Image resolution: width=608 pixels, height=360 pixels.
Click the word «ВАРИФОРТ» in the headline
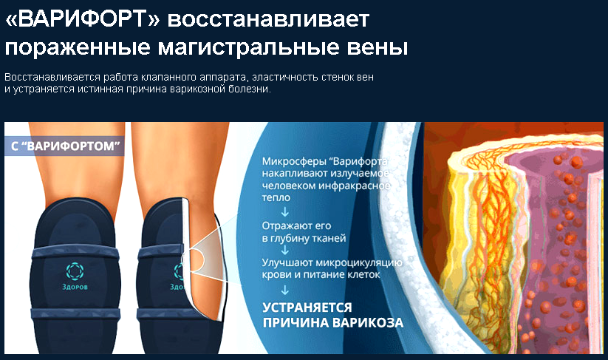pyautogui.click(x=82, y=19)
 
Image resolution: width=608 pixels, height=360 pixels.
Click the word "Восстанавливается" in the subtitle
pyautogui.click(x=52, y=77)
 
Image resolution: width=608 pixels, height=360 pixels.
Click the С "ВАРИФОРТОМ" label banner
pyautogui.click(x=64, y=146)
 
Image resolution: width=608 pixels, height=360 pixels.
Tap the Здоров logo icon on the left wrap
pyautogui.click(x=75, y=271)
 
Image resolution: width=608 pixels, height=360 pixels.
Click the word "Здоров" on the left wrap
pyautogui.click(x=75, y=287)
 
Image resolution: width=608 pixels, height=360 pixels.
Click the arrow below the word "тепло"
pyautogui.click(x=285, y=211)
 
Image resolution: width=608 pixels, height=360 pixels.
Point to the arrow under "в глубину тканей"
pyautogui.click(x=285, y=249)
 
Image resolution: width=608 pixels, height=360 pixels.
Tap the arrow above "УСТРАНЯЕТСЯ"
pyautogui.click(x=285, y=290)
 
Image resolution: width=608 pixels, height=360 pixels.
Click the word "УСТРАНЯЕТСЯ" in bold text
pyautogui.click(x=307, y=308)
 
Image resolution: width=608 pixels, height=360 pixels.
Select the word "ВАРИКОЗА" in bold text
pyautogui.click(x=368, y=323)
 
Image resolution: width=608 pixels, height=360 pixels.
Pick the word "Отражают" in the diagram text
pyautogui.click(x=285, y=225)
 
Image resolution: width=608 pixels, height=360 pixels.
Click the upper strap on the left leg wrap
pyautogui.click(x=75, y=252)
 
